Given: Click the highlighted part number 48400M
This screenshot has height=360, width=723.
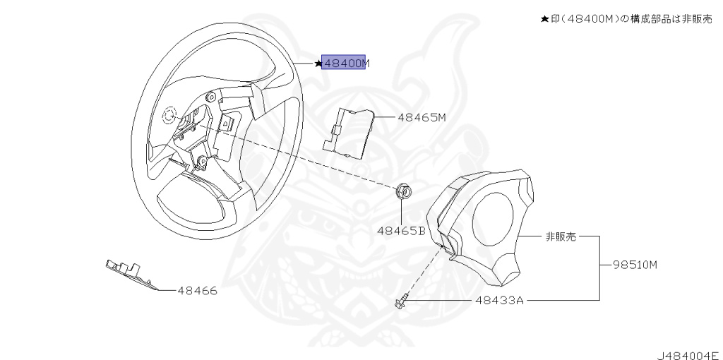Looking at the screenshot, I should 344,63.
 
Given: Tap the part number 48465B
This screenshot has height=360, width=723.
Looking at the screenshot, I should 400,230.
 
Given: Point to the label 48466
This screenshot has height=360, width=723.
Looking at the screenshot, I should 197,290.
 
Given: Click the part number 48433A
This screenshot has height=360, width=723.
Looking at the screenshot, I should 499,300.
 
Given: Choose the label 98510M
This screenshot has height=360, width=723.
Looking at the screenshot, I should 635,265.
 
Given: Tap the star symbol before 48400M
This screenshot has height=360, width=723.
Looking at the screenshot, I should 318,64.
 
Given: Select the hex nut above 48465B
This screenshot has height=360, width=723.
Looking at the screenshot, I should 405,191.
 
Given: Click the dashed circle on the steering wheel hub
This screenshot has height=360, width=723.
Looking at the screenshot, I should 169,116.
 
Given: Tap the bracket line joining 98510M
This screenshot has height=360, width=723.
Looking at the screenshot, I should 600,267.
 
